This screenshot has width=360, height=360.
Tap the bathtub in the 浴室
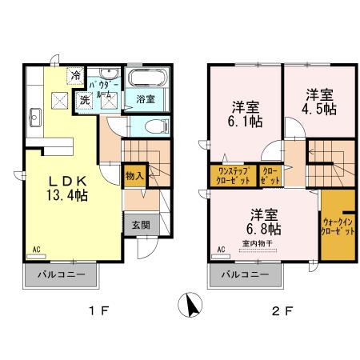[145, 80]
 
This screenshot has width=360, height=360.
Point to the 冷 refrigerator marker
[75, 76]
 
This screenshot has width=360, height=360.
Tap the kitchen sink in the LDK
[35, 120]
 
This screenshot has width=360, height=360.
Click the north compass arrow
[190, 306]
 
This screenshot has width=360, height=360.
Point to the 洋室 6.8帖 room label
[262, 221]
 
